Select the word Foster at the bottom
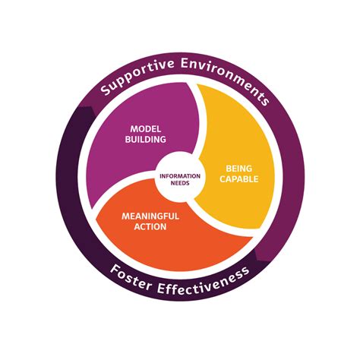point(131,278)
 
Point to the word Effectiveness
point(204,282)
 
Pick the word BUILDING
point(146,139)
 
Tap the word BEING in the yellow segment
point(238,169)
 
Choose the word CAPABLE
point(238,179)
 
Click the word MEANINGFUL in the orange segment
point(150,216)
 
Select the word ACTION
point(150,226)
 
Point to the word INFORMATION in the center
point(180,176)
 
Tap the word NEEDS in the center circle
point(180,183)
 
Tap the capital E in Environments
point(185,63)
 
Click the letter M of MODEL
point(134,129)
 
